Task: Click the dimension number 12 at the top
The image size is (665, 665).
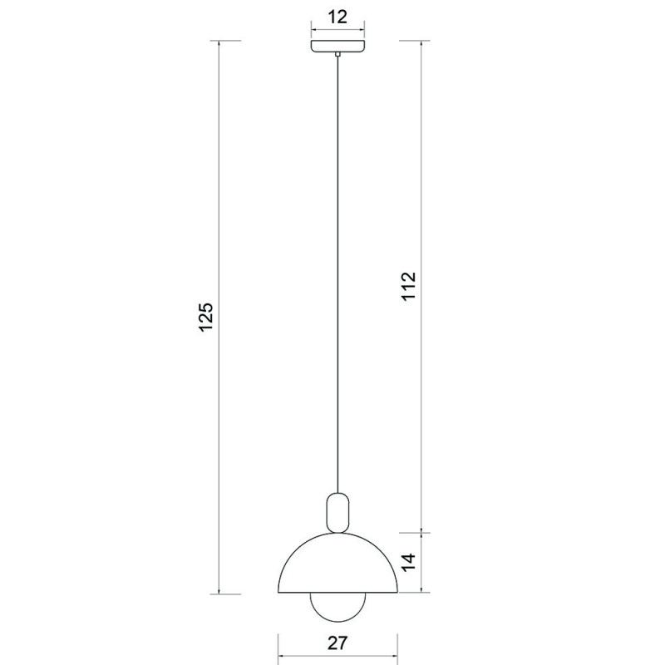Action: (x=337, y=17)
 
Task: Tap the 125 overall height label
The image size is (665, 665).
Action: (x=205, y=318)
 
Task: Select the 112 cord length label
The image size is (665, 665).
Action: (x=409, y=286)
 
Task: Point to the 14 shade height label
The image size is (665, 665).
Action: (x=409, y=563)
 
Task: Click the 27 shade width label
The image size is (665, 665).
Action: (x=337, y=643)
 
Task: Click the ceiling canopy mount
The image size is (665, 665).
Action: (x=337, y=46)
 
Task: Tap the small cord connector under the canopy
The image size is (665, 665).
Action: (x=337, y=54)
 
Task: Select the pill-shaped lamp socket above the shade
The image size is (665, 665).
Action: (x=337, y=512)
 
